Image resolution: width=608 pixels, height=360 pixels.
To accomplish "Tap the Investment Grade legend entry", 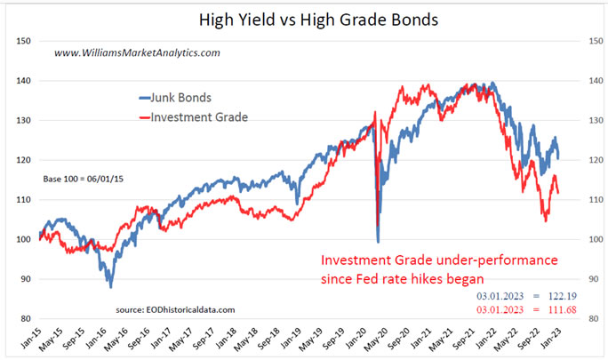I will point(194,116).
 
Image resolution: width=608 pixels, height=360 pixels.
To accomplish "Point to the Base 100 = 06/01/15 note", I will point(83,180).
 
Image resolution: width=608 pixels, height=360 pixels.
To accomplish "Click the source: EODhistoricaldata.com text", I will point(176,308).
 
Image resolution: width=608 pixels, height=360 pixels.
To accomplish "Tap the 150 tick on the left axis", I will point(24,41).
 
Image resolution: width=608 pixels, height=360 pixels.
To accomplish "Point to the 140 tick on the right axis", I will point(587,81).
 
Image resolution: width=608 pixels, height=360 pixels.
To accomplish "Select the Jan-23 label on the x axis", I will point(564,339).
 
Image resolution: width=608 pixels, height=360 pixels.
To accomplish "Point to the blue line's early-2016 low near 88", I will point(111,286).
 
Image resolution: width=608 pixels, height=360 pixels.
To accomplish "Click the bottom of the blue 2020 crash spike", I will point(379,242).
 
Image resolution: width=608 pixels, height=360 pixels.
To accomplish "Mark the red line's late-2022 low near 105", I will point(546,220).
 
